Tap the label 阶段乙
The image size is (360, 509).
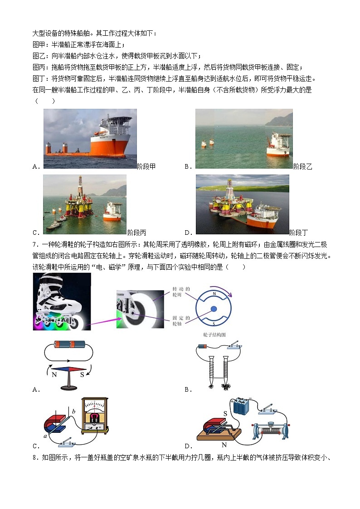click(303, 167)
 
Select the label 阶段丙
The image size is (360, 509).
click(137, 233)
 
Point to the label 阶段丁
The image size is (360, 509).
click(299, 233)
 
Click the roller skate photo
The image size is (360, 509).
click(62, 301)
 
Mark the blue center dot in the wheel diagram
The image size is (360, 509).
click(214, 309)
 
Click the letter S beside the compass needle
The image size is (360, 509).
click(82, 375)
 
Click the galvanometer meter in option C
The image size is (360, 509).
click(94, 414)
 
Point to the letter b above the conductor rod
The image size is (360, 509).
click(73, 411)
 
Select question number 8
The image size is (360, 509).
click(36, 457)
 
